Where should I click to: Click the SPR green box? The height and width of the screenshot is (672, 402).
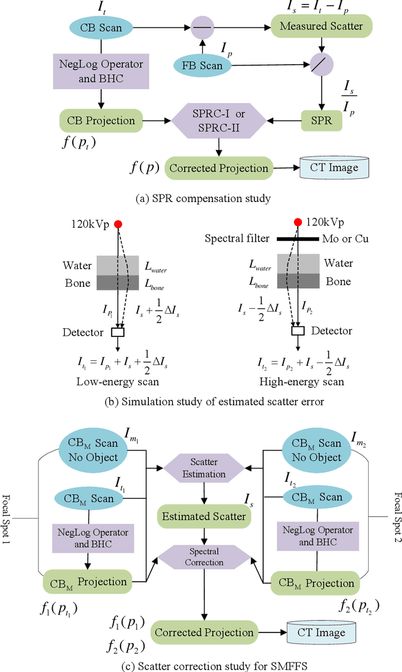(x=322, y=119)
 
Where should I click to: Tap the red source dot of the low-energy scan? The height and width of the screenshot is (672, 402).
(x=117, y=225)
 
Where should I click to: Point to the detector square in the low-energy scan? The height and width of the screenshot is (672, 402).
(x=117, y=332)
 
